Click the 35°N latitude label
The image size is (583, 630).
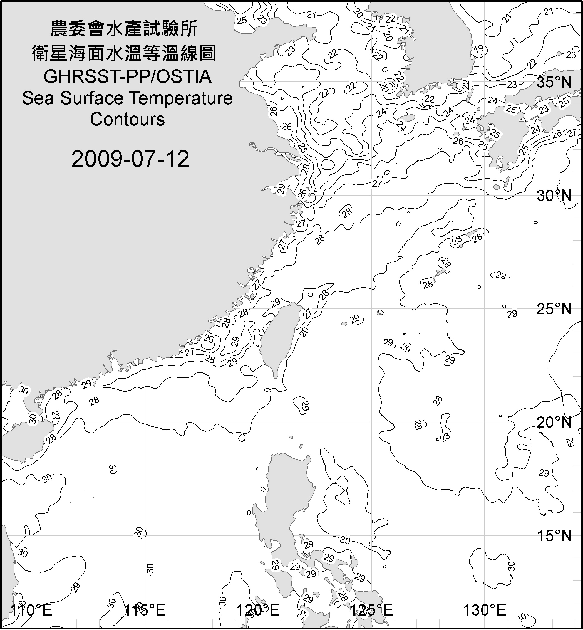pyautogui.click(x=554, y=82)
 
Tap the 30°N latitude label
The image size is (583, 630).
pyautogui.click(x=554, y=196)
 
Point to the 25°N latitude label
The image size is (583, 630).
pyautogui.click(x=554, y=309)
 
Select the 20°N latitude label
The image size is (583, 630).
pyautogui.click(x=554, y=423)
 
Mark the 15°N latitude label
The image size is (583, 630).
pyautogui.click(x=554, y=536)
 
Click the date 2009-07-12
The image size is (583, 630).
pyautogui.click(x=130, y=159)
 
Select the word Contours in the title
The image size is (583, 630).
pyautogui.click(x=127, y=119)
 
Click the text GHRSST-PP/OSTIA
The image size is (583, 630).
pyautogui.click(x=127, y=77)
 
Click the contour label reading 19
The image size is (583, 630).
pyautogui.click(x=479, y=49)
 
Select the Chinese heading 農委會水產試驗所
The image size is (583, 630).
pyautogui.click(x=124, y=29)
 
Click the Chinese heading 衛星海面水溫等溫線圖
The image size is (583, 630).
pyautogui.click(x=124, y=53)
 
